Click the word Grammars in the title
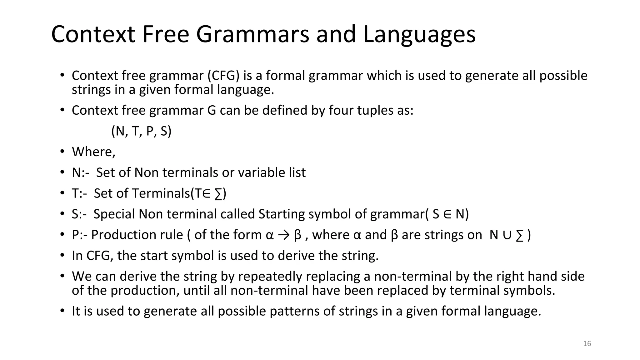pos(252,34)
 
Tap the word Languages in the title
pos(419,34)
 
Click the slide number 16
pos(587,344)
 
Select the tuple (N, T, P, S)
pos(141,131)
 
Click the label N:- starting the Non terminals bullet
pos(80,173)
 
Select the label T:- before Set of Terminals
pos(79,193)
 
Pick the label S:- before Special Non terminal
pos(79,214)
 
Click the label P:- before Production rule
pos(80,235)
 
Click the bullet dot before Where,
pos(62,152)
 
